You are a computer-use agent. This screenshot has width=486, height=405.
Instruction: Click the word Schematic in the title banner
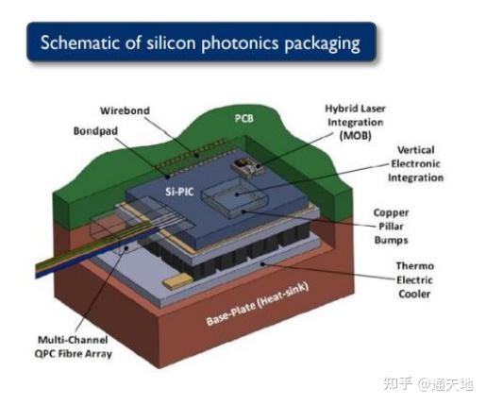pos(80,42)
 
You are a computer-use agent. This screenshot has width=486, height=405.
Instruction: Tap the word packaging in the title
pos(322,43)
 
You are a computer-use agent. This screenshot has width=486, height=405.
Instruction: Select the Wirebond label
pos(125,110)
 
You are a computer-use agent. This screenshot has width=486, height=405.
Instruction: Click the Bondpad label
pos(95,131)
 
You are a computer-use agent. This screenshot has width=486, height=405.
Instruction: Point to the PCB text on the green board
pos(244,118)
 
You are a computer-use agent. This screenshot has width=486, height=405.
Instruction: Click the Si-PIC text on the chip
pos(179,192)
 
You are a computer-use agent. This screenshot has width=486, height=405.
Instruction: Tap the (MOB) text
pos(356,136)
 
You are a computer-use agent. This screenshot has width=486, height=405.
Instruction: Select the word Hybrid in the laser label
pos(339,109)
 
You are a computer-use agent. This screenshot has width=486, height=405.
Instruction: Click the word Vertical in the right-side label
pos(416,150)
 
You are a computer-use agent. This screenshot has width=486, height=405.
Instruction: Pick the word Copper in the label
pos(391,213)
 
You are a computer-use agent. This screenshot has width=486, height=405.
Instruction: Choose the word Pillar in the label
pos(391,227)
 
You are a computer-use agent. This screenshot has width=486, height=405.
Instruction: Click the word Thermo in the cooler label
pos(415,266)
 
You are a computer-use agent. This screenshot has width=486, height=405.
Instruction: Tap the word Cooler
pos(414,294)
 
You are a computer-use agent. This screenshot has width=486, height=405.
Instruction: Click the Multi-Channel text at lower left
pos(73,340)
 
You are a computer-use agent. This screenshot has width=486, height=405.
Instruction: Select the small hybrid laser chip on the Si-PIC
pos(247,167)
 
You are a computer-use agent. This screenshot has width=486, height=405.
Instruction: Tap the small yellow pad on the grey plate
pos(177,280)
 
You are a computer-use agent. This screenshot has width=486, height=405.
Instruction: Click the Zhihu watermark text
pos(428,384)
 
